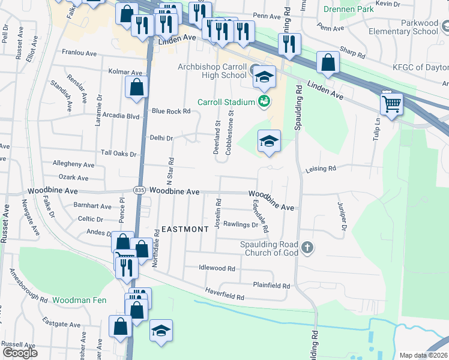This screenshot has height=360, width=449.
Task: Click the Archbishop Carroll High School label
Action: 212,71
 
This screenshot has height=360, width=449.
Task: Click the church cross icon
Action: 307,248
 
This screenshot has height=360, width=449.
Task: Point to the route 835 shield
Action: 140,190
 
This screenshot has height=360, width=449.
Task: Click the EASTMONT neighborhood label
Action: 185,229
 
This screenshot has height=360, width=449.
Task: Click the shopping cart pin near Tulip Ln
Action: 391,104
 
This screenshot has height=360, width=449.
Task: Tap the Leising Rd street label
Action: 320,169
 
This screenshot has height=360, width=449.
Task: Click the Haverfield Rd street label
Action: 224,297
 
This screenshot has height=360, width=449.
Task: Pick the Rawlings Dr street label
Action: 240,225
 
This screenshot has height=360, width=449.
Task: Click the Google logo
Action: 20,353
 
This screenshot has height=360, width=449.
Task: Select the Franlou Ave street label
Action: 80,53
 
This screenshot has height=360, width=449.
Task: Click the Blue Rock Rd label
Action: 171,111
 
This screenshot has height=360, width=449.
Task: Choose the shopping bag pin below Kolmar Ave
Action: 137,87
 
